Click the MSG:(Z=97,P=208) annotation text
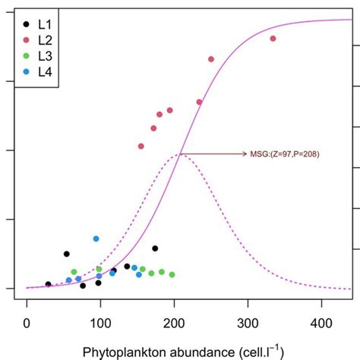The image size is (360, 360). coord(284,154)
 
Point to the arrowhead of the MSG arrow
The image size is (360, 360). coord(242,154)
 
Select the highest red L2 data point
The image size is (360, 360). coord(273,39)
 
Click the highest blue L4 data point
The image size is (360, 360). coord(96,238)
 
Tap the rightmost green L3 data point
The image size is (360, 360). coord(172,274)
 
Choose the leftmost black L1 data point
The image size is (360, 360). coord(48,284)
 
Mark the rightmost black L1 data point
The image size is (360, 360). coord(155,248)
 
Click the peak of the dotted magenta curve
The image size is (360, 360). coord(180,154)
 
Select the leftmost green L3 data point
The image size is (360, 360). coord(74,272)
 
